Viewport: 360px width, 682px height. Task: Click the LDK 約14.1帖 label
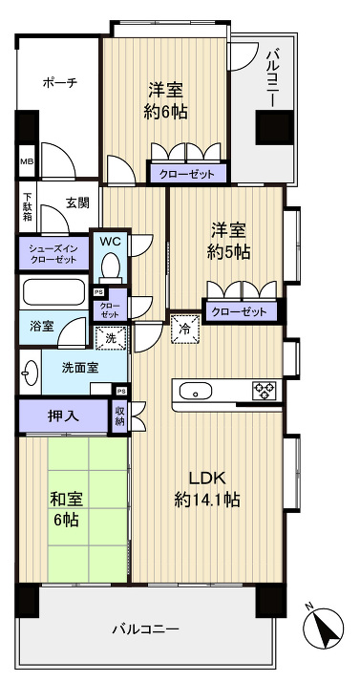tap(206, 487)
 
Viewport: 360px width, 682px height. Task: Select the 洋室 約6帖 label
tap(166, 99)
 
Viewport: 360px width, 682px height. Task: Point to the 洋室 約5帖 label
tap(230, 241)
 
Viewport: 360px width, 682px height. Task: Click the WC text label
tap(111, 242)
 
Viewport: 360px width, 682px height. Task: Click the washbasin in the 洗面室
tap(30, 372)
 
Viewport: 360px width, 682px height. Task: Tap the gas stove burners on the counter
tap(264, 391)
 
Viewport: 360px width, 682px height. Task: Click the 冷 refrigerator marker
tap(183, 327)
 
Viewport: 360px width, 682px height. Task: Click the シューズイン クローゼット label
tap(53, 253)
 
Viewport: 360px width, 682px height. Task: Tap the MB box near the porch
tap(26, 160)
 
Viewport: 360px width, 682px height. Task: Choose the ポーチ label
tap(59, 83)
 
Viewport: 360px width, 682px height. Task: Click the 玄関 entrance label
tap(77, 202)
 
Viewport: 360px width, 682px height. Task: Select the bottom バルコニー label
tap(145, 629)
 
